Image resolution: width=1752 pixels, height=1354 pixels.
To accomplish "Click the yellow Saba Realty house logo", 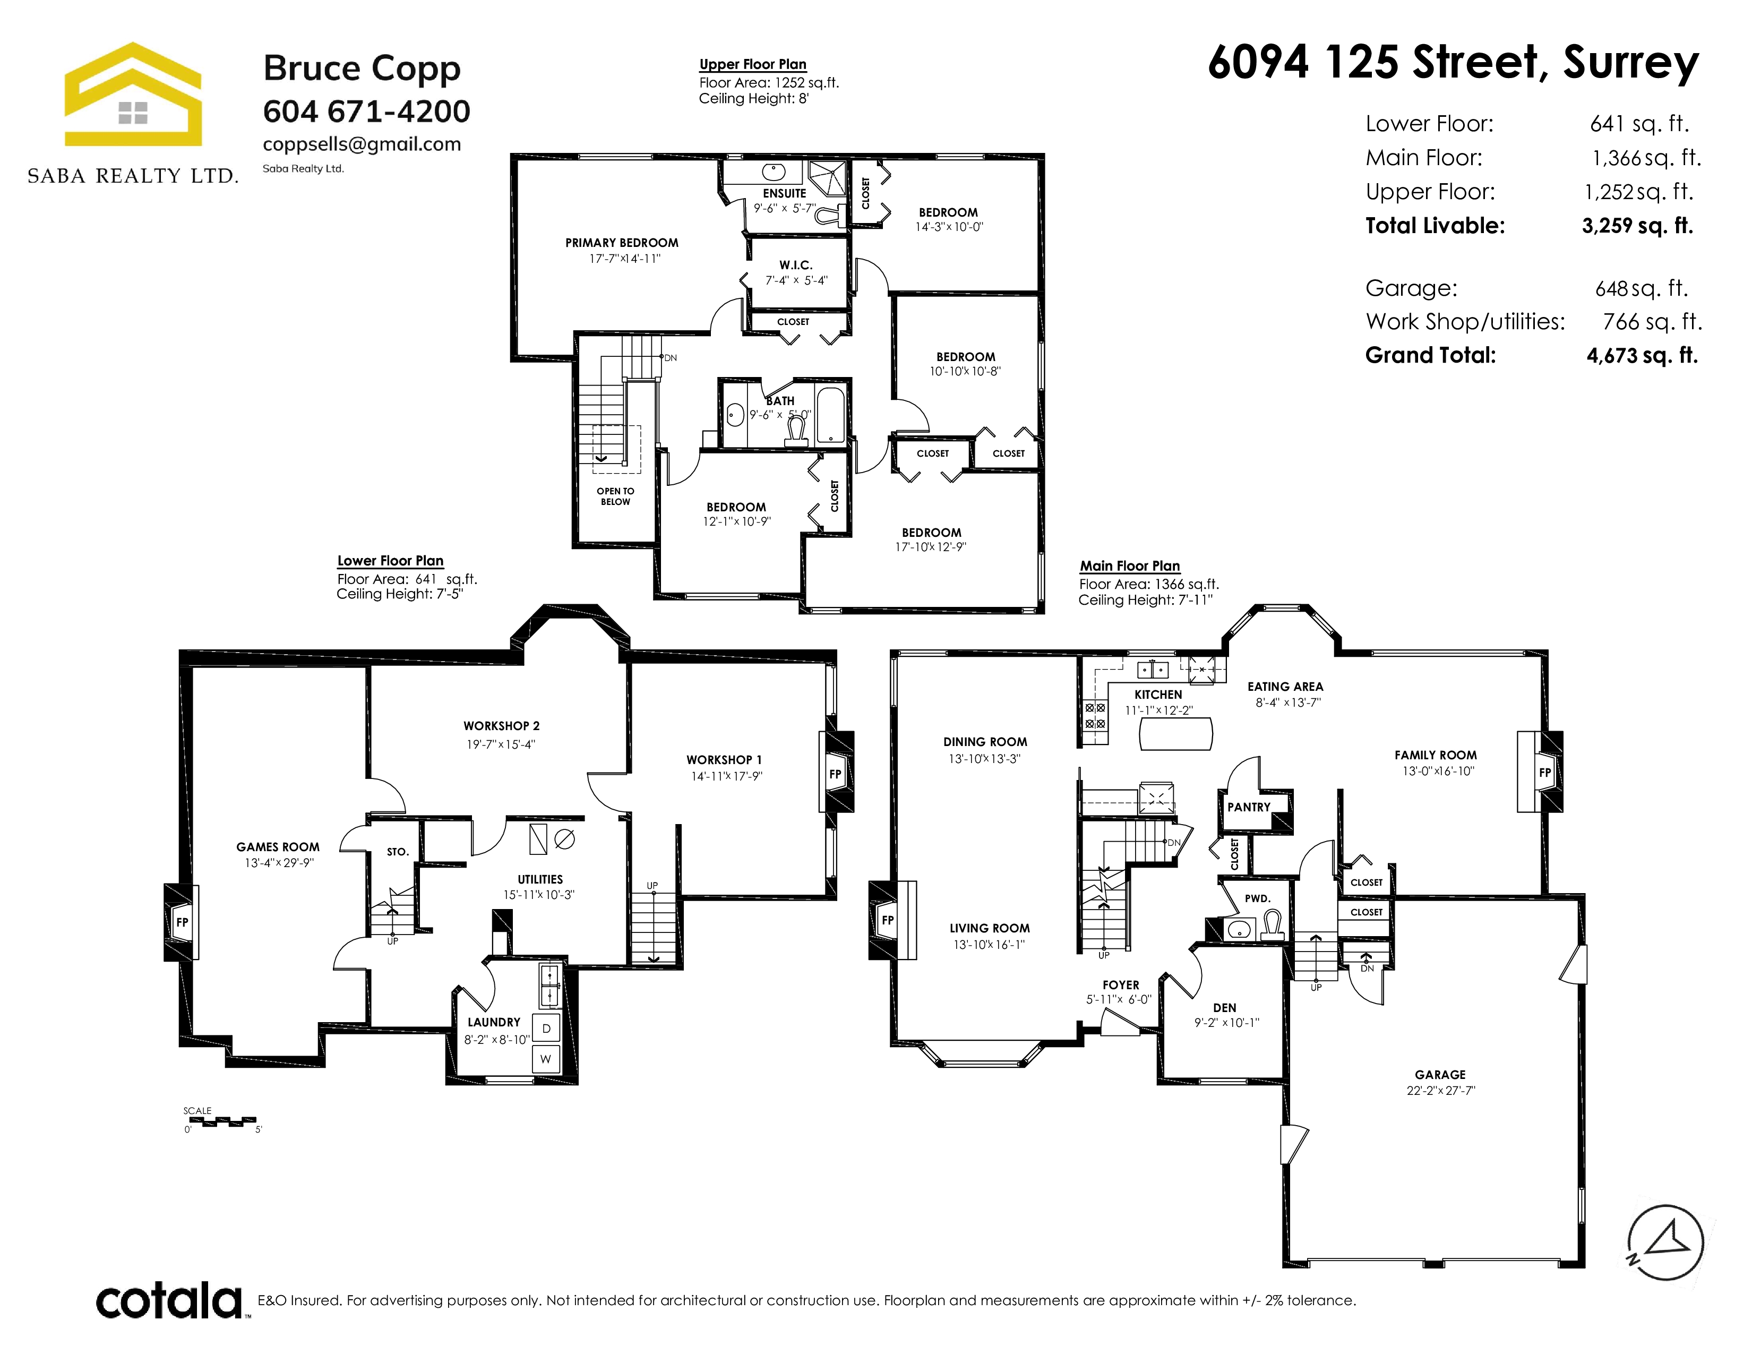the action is (x=133, y=94).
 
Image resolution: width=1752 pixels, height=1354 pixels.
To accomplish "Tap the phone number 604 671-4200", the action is (x=367, y=112).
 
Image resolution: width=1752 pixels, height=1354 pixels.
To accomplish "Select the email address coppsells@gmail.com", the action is (x=362, y=144).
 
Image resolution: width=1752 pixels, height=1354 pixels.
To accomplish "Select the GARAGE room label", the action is (x=1440, y=1075).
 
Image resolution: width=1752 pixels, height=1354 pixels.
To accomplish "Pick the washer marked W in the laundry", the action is (x=545, y=1059).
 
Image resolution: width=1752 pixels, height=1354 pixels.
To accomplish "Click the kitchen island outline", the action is (x=1176, y=733).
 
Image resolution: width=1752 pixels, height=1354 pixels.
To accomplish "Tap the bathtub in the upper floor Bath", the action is (x=830, y=416).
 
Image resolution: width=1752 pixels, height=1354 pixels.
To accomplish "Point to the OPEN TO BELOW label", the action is (x=615, y=496).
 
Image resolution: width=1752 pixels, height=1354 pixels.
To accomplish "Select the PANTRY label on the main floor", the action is (x=1249, y=808).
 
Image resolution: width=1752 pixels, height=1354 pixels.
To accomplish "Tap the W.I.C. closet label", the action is (x=796, y=265).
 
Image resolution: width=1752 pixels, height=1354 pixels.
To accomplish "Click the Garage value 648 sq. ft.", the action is (x=1641, y=288).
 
